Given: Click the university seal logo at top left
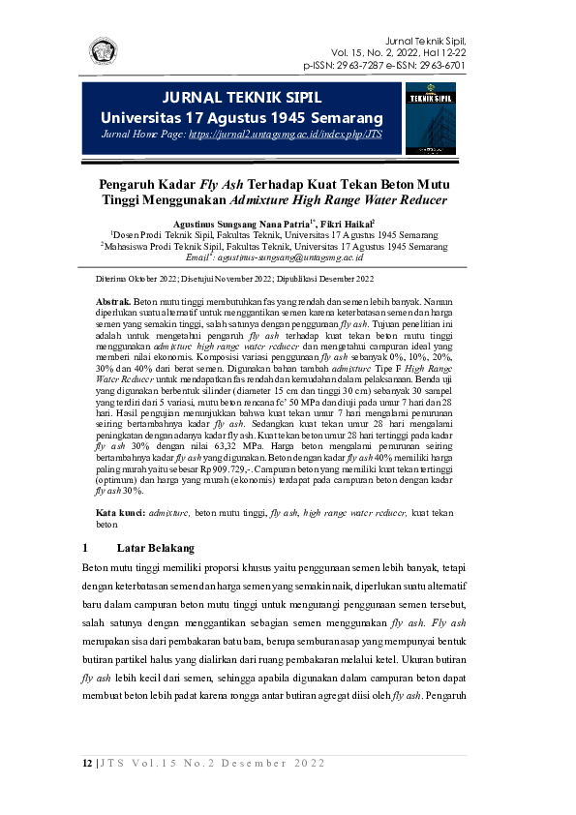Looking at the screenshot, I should pos(104,51).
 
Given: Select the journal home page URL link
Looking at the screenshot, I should pos(286,136).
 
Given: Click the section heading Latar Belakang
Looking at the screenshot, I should pos(155,548).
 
